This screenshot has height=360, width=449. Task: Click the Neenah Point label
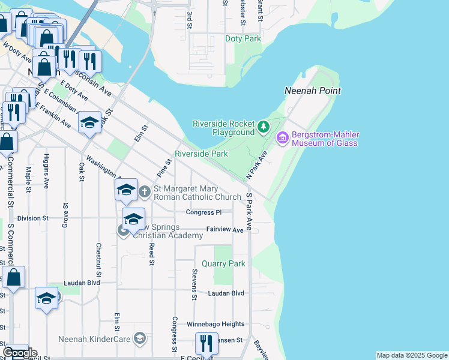coord(312,91)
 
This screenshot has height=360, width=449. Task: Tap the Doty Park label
coord(243,39)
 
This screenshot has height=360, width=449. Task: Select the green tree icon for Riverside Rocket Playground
coord(263,127)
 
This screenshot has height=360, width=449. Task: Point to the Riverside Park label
coord(201,154)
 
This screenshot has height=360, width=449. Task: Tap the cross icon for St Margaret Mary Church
coord(144,192)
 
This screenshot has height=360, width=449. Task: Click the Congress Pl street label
coord(203,212)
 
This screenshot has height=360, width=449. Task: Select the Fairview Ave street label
coord(224,229)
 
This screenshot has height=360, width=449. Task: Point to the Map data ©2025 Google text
coord(411,355)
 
